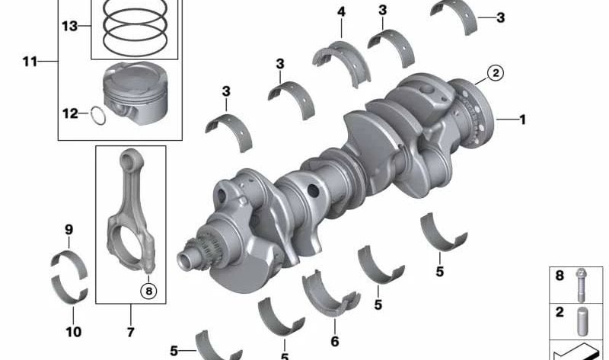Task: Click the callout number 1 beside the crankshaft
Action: [522, 119]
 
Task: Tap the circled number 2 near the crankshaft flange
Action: [496, 72]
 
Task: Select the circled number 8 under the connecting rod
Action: [148, 291]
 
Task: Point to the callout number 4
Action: [341, 11]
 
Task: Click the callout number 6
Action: [335, 342]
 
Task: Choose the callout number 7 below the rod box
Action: [130, 332]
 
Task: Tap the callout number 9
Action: [69, 230]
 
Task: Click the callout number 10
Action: [73, 332]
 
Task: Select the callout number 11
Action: [30, 62]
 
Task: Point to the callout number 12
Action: [70, 113]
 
